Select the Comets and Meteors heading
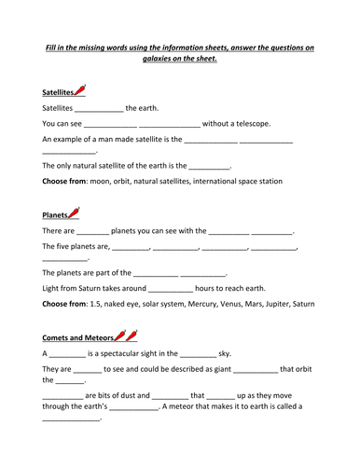pyautogui.click(x=78, y=337)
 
